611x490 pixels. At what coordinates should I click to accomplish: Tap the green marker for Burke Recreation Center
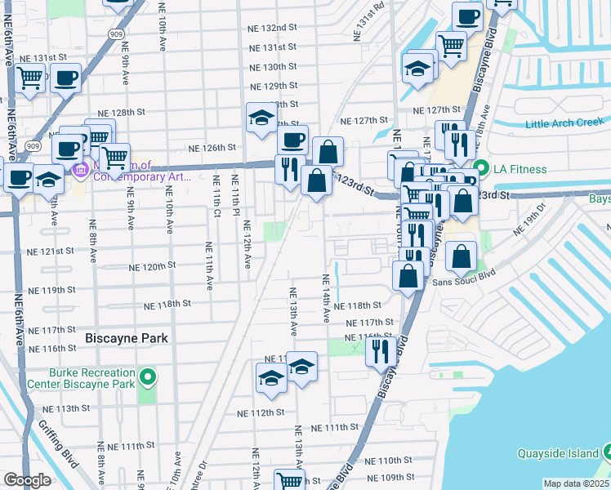(147, 377)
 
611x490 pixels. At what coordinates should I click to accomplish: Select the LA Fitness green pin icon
(481, 169)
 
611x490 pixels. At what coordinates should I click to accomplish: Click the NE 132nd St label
(272, 28)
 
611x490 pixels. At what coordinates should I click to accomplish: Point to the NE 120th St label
(154, 267)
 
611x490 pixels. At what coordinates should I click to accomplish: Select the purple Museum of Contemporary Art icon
(81, 171)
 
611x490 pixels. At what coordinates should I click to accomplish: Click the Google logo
(28, 480)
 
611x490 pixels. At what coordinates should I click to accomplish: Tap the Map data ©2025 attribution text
(576, 483)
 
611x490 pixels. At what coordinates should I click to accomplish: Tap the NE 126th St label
(212, 148)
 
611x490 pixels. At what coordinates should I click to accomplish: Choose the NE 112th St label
(260, 413)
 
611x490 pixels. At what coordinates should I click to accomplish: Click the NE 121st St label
(51, 252)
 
